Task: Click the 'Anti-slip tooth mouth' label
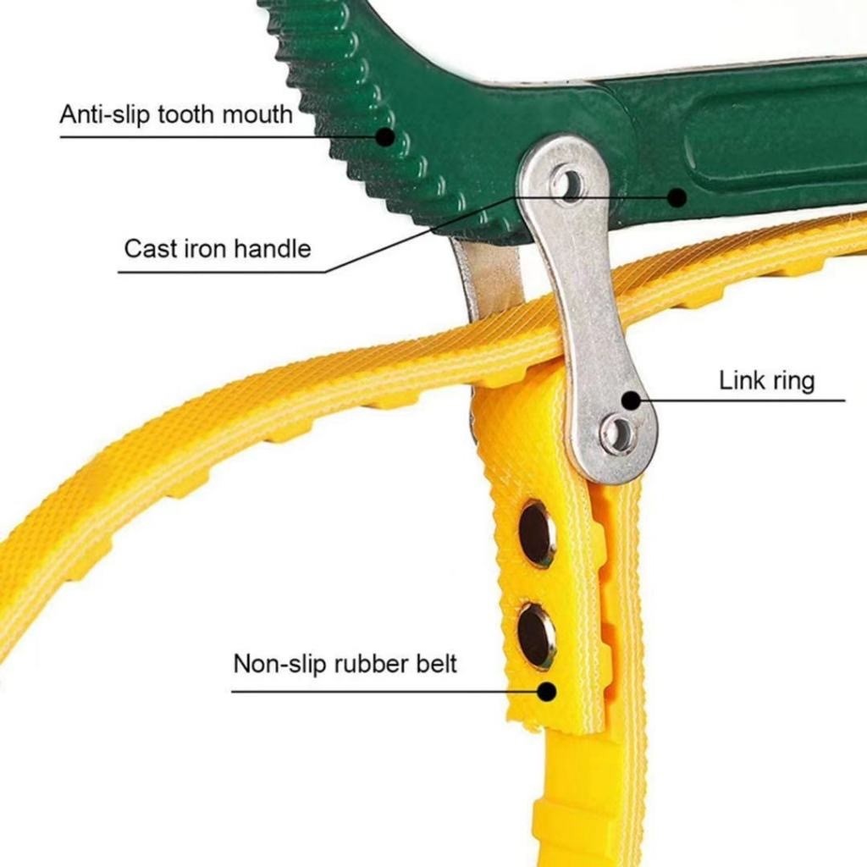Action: coord(176,113)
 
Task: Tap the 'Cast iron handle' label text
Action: coord(218,249)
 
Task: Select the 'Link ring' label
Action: coord(766,380)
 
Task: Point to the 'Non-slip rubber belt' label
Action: coord(345,663)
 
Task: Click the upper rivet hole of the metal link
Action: coord(568,183)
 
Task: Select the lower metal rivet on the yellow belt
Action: coord(536,634)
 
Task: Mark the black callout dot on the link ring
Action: coord(631,400)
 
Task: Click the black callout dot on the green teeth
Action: coord(385,136)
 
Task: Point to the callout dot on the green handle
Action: coord(676,197)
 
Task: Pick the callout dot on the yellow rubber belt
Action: coord(547,691)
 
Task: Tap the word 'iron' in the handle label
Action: coord(209,249)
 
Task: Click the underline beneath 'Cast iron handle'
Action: coord(220,272)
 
